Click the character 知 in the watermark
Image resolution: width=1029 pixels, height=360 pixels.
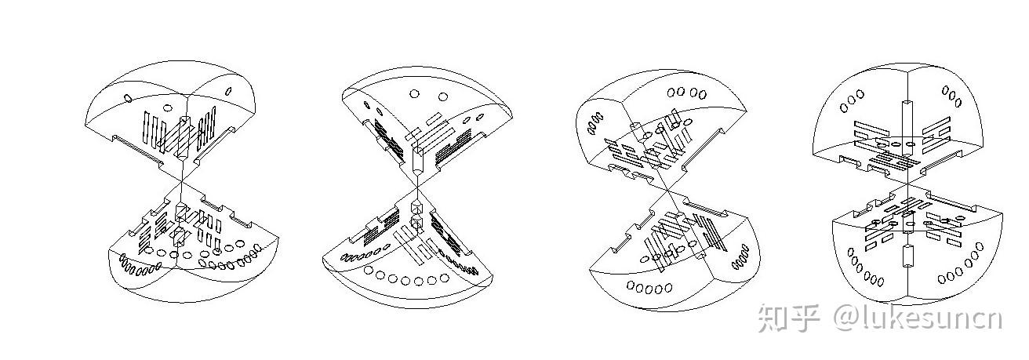[x=773, y=318]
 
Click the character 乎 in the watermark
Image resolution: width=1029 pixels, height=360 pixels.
[x=806, y=318]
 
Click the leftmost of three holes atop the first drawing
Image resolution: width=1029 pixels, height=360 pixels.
[x=128, y=98]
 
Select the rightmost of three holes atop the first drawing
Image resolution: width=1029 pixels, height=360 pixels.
[x=228, y=91]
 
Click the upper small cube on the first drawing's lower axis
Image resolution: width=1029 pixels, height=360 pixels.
[x=180, y=210]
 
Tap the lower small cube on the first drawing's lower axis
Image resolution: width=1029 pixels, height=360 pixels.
[x=180, y=235]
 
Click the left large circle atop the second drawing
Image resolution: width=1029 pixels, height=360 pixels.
[x=415, y=94]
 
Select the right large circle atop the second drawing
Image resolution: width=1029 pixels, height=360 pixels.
[x=443, y=96]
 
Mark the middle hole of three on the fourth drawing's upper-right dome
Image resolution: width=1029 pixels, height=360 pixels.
[x=952, y=99]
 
